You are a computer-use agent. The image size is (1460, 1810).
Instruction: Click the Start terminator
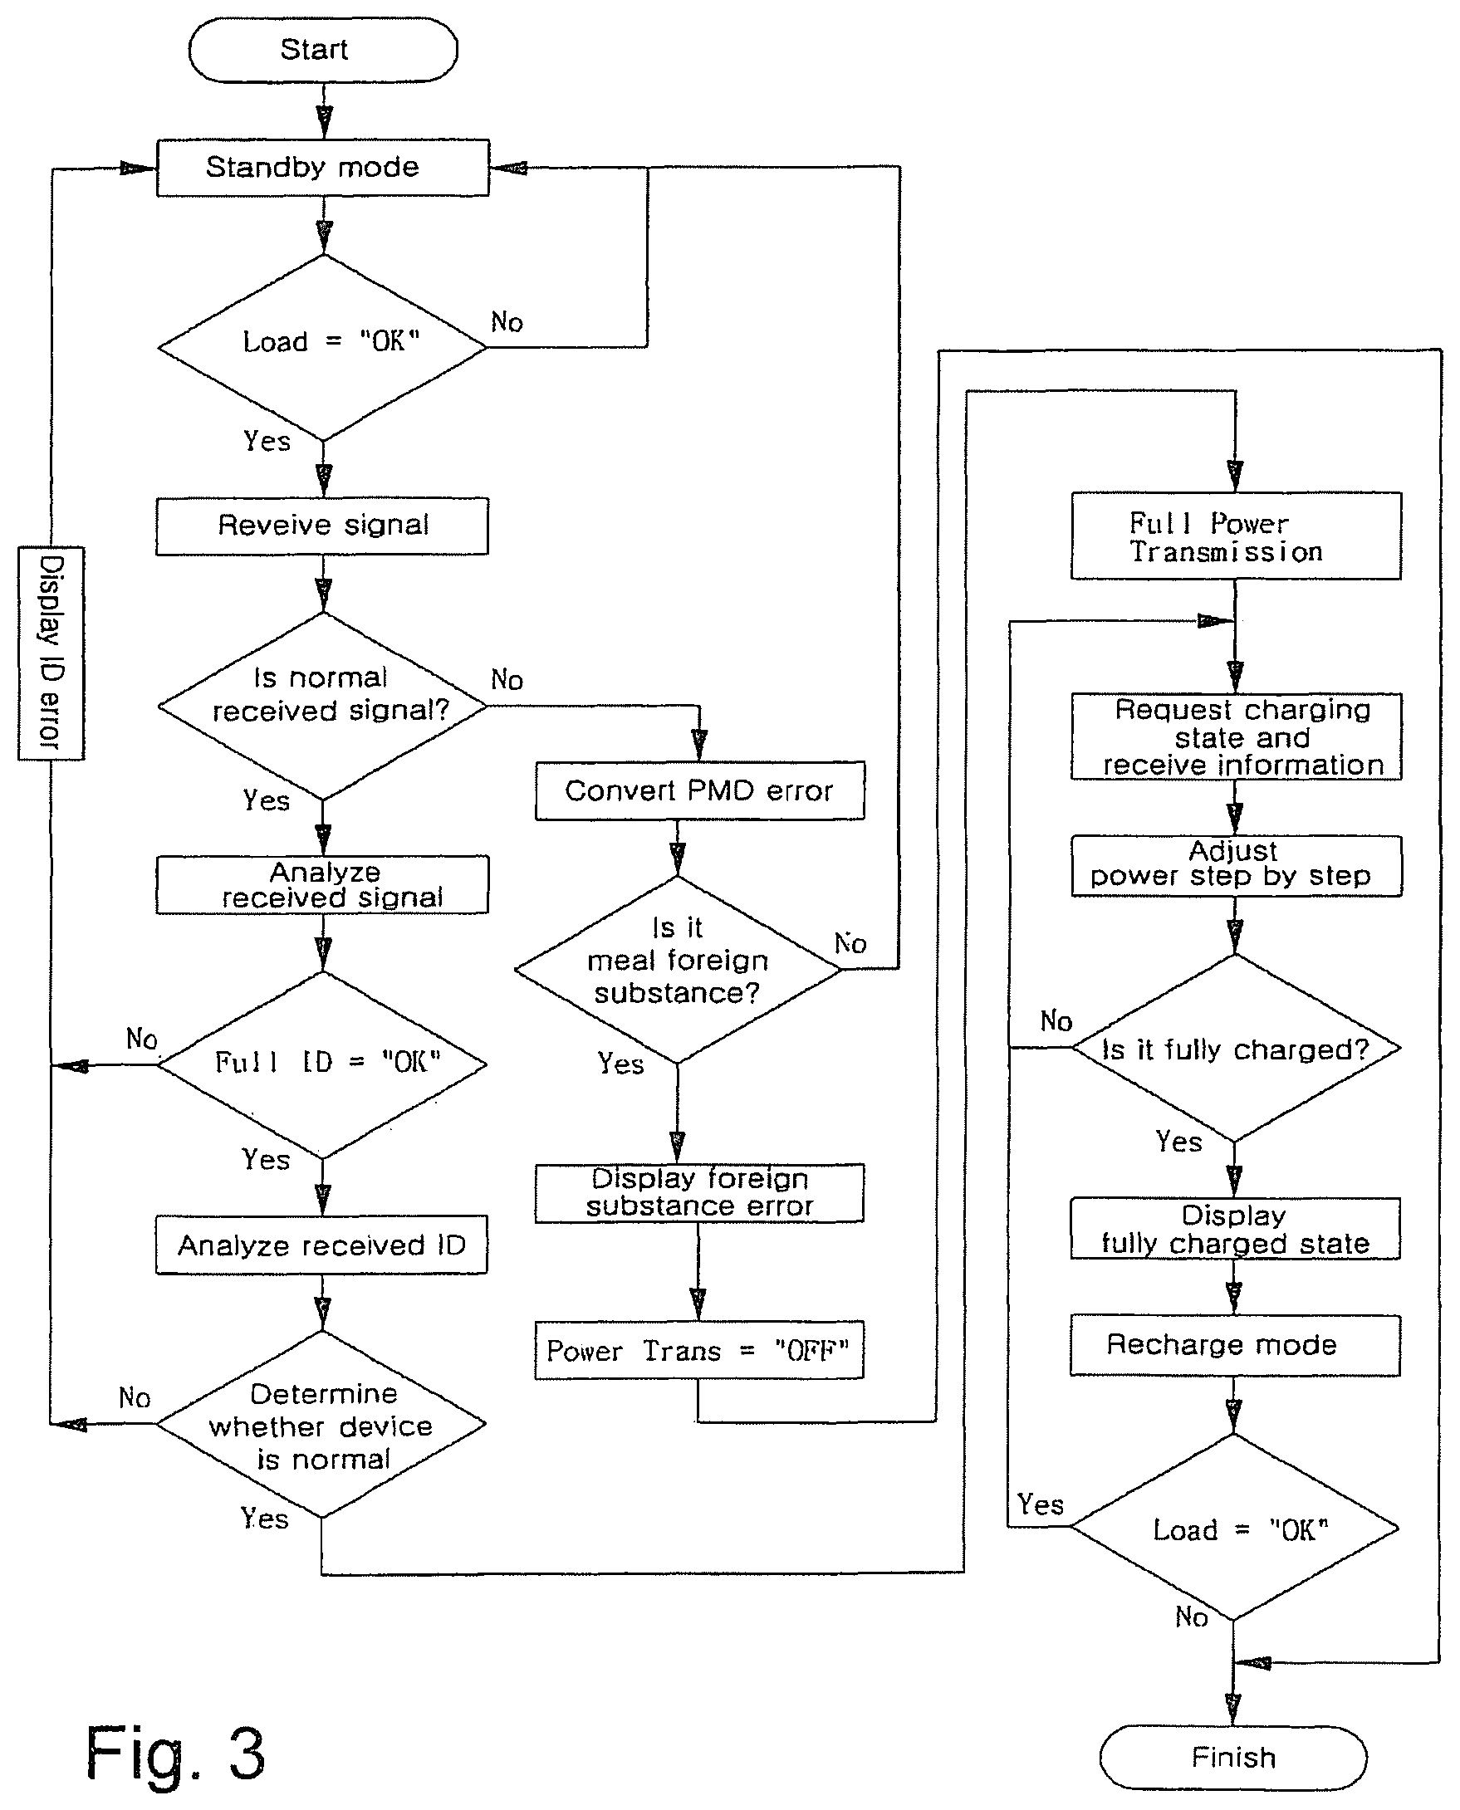click(323, 50)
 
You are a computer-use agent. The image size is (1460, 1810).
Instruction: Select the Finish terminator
click(1233, 1757)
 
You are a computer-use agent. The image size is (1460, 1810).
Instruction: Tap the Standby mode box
click(323, 167)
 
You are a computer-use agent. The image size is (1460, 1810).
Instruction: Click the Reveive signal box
click(322, 526)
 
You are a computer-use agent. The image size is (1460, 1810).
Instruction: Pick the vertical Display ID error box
click(51, 653)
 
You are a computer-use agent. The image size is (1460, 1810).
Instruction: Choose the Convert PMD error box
click(700, 790)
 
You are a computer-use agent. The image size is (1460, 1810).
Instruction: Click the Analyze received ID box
click(321, 1245)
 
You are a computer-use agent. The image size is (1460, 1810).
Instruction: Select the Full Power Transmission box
click(1237, 536)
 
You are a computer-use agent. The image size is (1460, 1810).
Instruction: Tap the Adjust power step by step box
click(1237, 865)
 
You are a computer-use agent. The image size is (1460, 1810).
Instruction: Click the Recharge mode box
click(1236, 1345)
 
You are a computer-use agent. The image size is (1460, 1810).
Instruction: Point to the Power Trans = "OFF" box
click(700, 1350)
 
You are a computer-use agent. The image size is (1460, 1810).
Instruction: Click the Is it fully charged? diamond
click(1236, 1049)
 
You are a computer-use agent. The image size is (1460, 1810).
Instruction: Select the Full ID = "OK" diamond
click(322, 1064)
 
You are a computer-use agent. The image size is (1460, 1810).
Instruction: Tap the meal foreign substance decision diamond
click(678, 969)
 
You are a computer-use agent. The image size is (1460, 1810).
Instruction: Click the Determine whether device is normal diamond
click(321, 1423)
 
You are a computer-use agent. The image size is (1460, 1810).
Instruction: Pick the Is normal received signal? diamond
click(323, 707)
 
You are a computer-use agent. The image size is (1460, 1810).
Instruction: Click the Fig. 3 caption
click(175, 1753)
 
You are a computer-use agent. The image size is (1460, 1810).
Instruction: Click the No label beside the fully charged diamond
click(1056, 1020)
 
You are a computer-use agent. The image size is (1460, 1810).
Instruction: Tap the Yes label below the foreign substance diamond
click(620, 1064)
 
